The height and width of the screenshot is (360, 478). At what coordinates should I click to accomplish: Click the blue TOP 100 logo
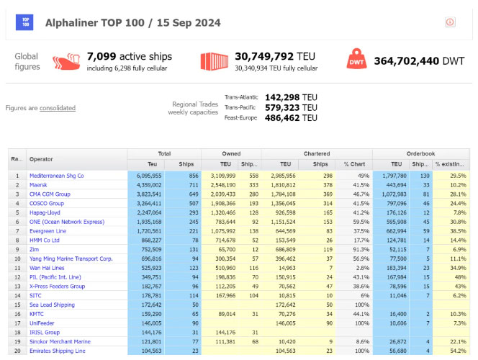point(25,22)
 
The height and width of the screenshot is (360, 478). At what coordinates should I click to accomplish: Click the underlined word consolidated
point(58,108)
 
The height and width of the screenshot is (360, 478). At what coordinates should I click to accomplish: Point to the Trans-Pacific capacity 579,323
point(291,107)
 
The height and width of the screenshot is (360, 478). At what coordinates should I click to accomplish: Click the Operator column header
point(41,159)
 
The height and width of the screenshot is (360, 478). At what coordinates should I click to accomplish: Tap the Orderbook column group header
point(422,153)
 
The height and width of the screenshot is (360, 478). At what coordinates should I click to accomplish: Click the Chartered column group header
point(317,153)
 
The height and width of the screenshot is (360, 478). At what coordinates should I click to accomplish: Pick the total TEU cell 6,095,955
point(146,176)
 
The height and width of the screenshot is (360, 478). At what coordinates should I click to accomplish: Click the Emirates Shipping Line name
point(57,351)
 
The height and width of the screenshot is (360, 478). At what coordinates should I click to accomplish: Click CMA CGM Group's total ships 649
point(190,194)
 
